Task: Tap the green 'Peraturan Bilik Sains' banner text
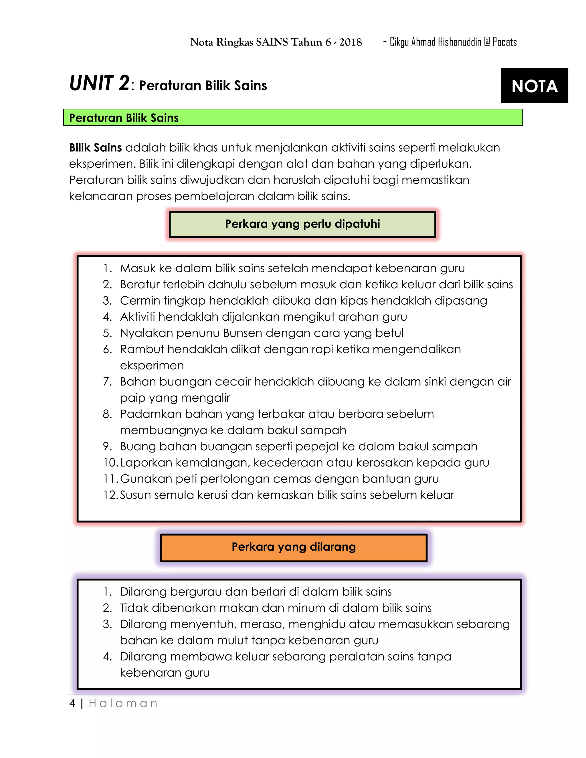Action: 124,118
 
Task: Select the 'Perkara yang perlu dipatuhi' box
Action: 302,224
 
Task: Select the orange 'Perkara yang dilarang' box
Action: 293,547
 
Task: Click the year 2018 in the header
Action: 350,42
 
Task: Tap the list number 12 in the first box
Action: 110,495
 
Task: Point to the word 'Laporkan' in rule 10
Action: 146,463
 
